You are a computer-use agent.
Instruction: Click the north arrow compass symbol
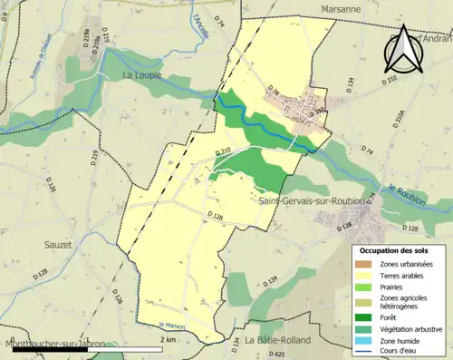pos(403,50)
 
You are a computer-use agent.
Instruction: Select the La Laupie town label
pos(142,75)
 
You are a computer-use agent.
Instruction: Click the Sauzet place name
pos(60,245)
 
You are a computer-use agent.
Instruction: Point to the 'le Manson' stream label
pos(171,326)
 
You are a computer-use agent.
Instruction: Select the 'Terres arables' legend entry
pos(406,275)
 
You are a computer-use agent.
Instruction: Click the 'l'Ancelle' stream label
pos(200,30)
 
